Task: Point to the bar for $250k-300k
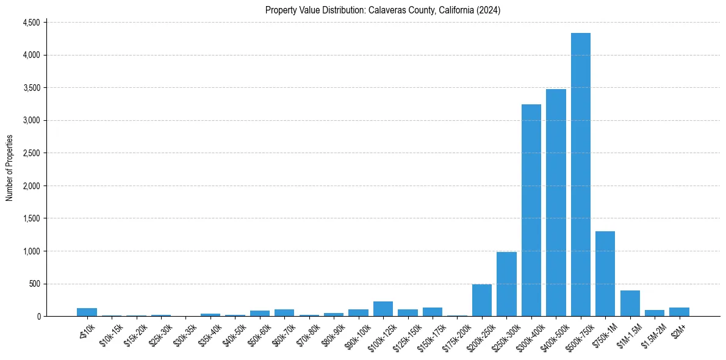pos(506,284)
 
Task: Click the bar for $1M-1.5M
pos(630,303)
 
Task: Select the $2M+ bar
pos(679,312)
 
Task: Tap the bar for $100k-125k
pos(383,309)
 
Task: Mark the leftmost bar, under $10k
pos(87,312)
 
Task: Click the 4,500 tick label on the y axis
pos(31,23)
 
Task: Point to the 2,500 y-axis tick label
pos(31,153)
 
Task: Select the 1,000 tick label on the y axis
pos(31,251)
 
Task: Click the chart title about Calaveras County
pos(383,10)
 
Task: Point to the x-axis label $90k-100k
pos(356,334)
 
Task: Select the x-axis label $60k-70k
pos(281,334)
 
